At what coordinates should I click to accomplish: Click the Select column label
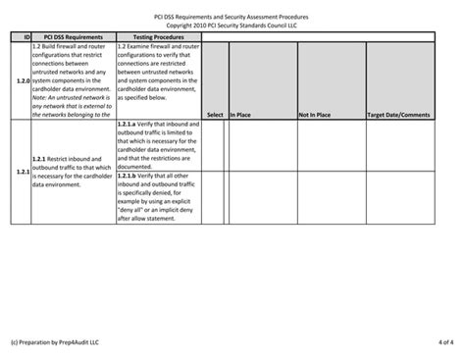pos(214,114)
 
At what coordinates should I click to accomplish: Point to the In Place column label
pos(241,114)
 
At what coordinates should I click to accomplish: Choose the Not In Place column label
pos(314,114)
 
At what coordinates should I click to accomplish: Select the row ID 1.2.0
pos(21,78)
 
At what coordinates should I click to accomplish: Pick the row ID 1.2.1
pos(21,172)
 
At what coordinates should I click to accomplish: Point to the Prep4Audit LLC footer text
pos(55,340)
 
